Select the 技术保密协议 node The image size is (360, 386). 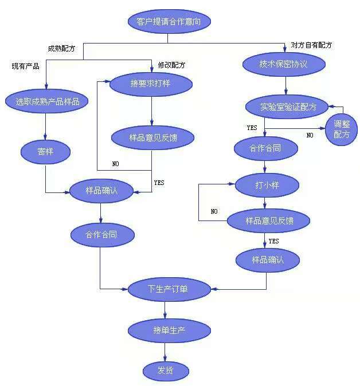283,64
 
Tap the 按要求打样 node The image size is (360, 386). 151,84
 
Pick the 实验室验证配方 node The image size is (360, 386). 285,107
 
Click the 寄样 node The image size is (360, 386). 45,151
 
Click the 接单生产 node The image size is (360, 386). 165,330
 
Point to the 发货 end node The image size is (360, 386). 165,371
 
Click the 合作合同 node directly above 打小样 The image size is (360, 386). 265,149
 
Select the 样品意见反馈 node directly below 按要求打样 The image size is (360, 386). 153,137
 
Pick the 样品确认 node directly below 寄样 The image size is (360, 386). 101,191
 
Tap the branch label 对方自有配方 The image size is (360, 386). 311,45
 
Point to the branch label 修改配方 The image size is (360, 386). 171,65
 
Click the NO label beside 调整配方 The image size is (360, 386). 310,135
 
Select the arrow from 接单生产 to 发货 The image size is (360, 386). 165,350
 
